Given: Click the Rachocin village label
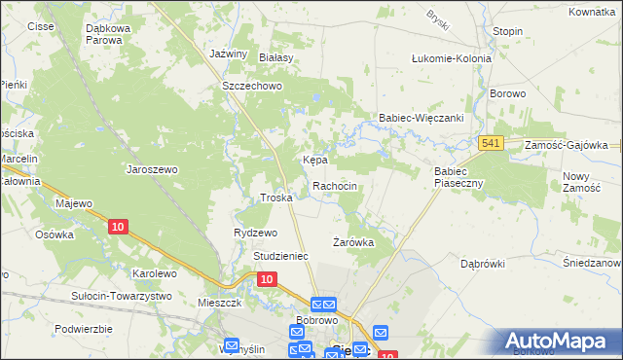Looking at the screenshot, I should point(335,186).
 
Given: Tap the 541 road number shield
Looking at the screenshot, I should point(491,144).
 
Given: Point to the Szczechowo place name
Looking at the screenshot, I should point(251,86).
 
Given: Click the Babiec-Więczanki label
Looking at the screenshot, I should point(421,118).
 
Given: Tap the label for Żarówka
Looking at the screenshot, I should point(353,241).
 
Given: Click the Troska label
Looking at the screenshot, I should point(276,198).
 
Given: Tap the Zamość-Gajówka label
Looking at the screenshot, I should point(566,144).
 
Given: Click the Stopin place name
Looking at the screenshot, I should point(507,31).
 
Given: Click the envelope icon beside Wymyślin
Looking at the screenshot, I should point(232,344).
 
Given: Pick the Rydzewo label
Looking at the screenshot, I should point(255,234).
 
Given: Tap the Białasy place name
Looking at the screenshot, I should point(275,58).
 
